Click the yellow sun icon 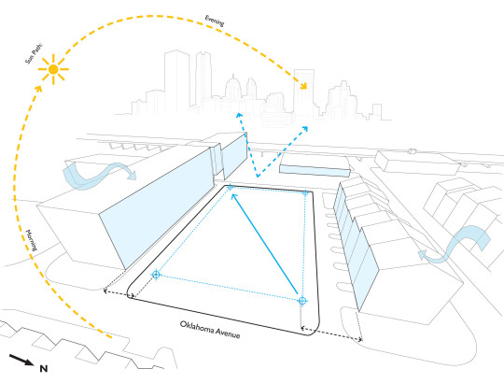click(53, 69)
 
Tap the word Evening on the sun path click(215, 21)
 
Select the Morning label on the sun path click(32, 240)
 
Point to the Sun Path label click(34, 53)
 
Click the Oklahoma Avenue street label click(210, 330)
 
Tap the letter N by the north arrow click(44, 369)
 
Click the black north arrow click(21, 360)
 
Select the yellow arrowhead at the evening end click(303, 85)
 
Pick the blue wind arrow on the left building click(99, 176)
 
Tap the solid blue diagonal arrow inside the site click(264, 244)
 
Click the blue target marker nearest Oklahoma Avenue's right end click(301, 301)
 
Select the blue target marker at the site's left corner click(156, 275)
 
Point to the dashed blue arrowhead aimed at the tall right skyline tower click(304, 129)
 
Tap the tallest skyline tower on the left click(176, 80)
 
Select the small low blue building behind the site click(315, 171)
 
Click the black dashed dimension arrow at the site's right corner click(331, 333)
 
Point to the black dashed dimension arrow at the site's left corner click(119, 294)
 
